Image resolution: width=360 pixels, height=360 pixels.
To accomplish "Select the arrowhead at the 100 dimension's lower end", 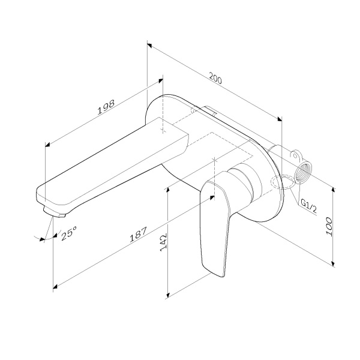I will click(x=333, y=262).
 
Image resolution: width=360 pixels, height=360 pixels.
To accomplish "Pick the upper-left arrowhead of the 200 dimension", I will click(x=149, y=44).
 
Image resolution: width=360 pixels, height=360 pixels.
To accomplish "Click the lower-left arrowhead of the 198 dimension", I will click(x=47, y=145).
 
